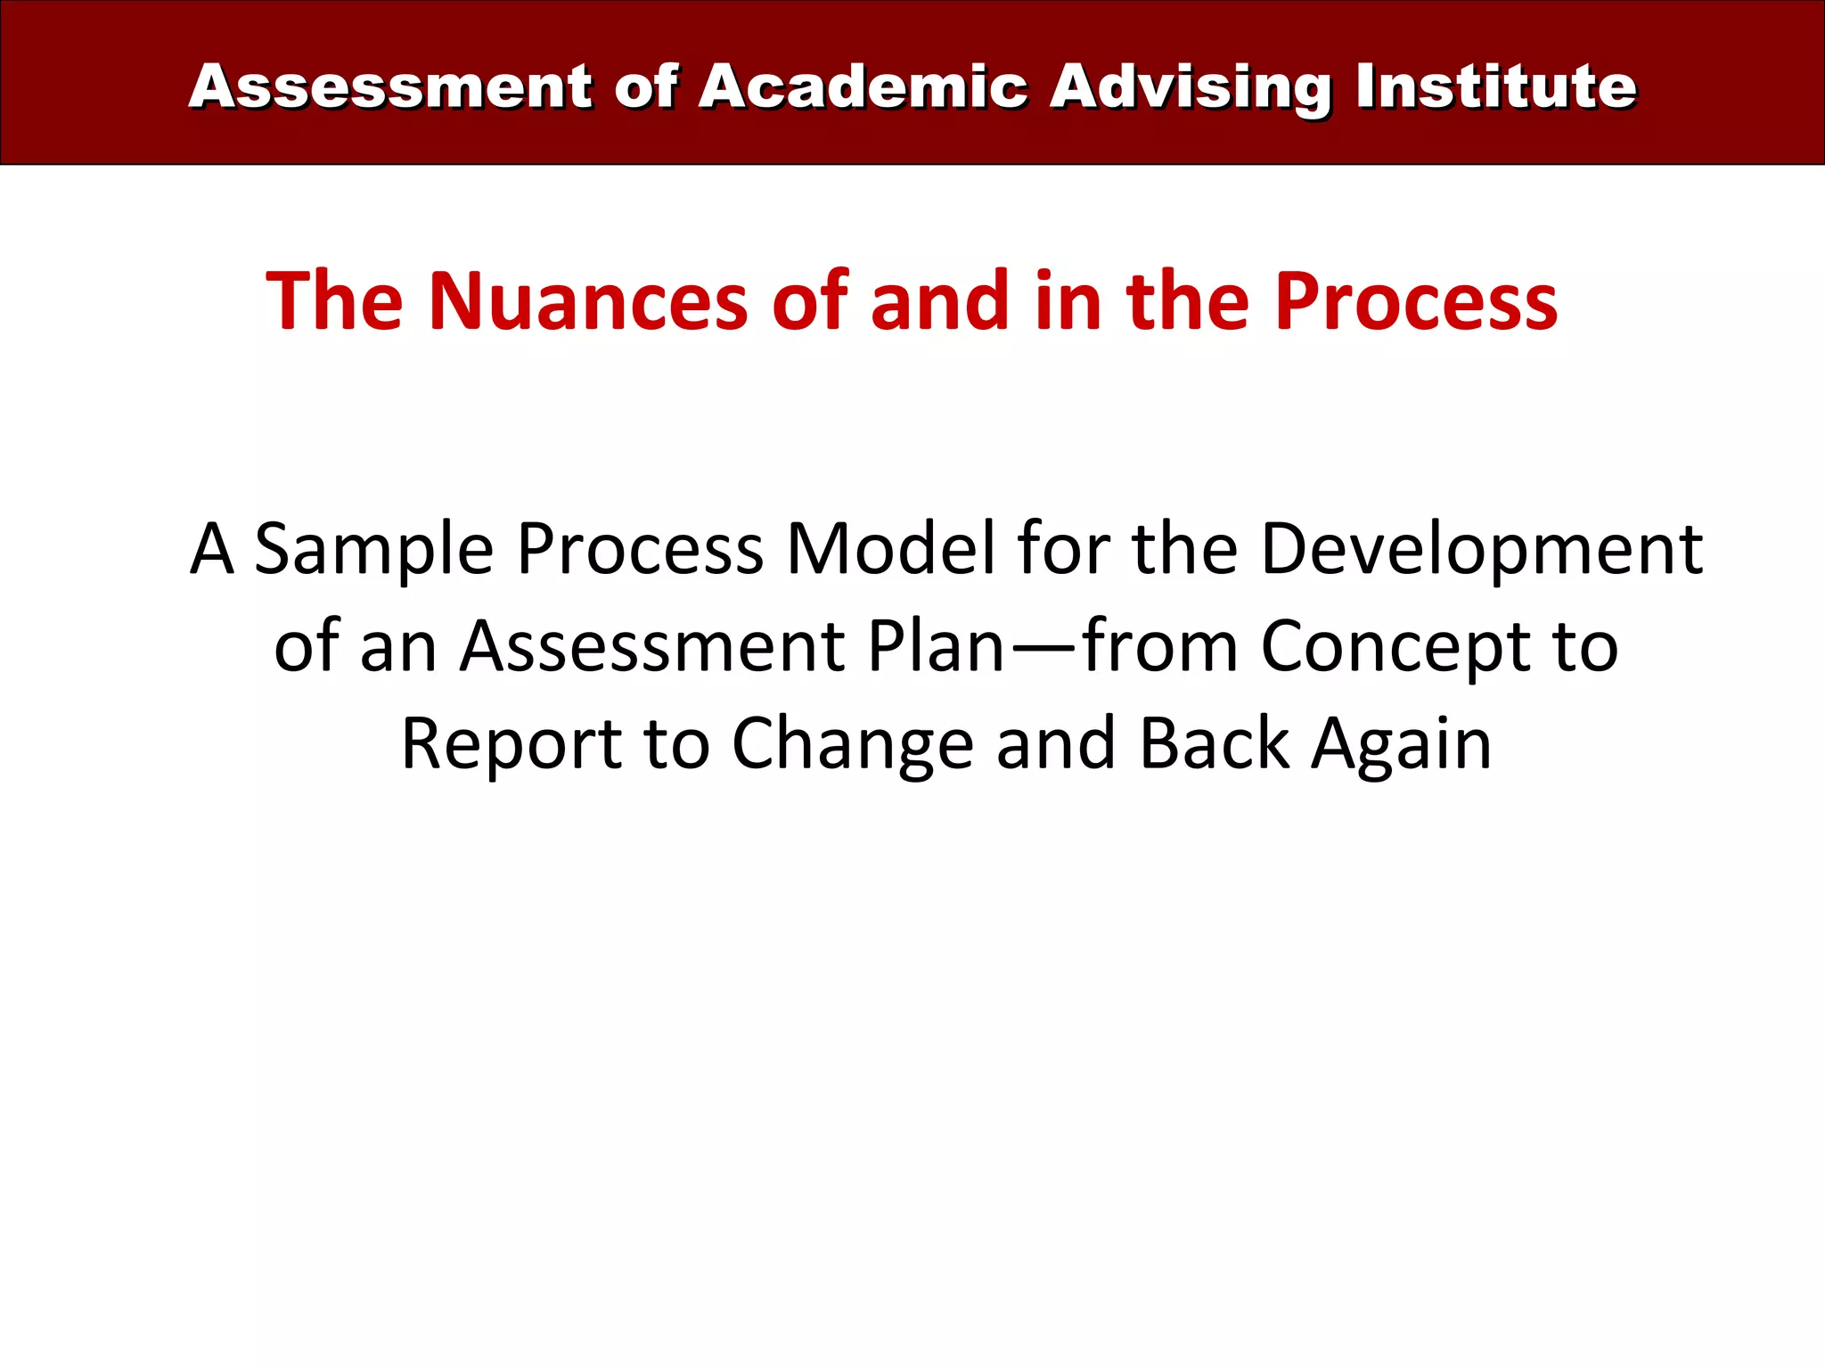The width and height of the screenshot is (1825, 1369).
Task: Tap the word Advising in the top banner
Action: [x=1190, y=88]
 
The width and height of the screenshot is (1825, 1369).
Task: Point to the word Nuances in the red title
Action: [x=588, y=301]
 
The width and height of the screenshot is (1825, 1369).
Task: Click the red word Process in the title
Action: [x=1416, y=301]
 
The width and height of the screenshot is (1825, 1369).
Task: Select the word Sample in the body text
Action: [x=374, y=550]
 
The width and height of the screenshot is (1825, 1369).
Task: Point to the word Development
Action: [x=1482, y=550]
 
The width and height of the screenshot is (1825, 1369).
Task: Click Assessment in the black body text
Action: [x=652, y=646]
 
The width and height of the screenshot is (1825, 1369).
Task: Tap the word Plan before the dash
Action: [x=936, y=646]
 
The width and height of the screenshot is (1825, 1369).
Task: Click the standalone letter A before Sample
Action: [x=212, y=550]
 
